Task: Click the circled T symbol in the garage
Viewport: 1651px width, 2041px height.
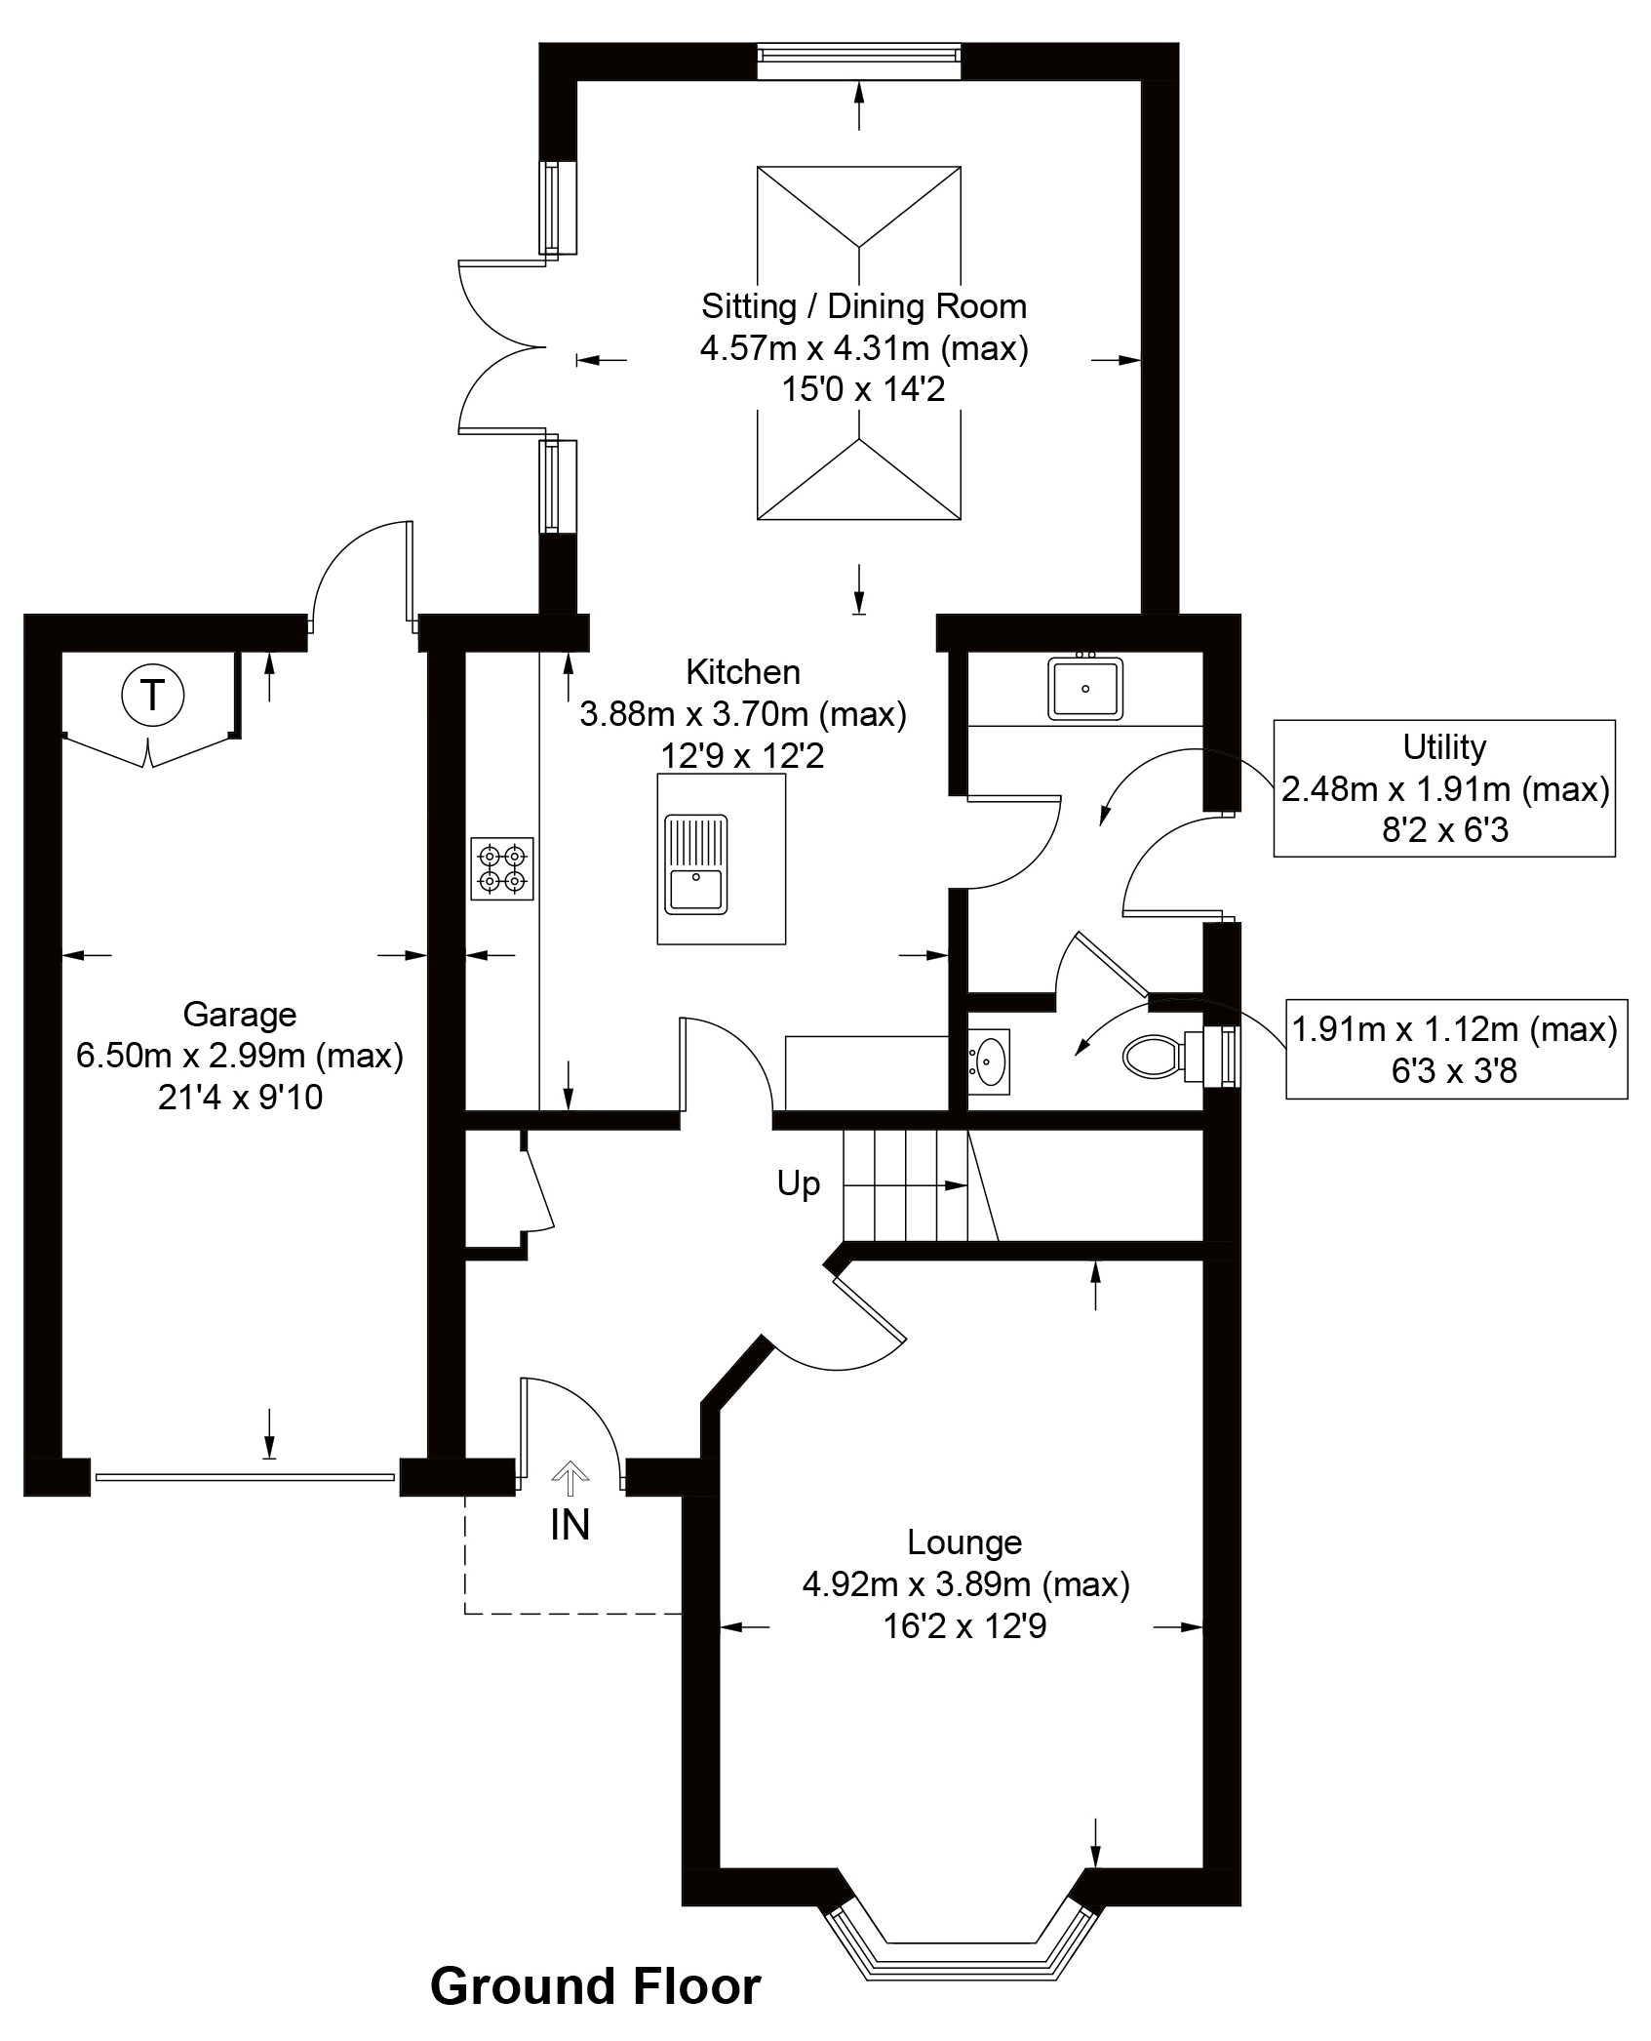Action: coord(152,696)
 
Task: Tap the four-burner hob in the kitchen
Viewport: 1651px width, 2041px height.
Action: coord(502,868)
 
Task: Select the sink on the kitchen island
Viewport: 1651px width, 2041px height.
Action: coord(696,864)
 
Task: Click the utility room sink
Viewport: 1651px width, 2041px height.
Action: coord(1085,689)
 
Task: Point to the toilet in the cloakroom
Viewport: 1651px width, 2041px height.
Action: coord(1157,1056)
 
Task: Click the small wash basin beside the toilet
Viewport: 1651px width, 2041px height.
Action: coord(990,1058)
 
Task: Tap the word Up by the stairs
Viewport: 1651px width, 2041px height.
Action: coord(798,1183)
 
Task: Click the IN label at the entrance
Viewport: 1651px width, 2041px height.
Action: coord(570,1526)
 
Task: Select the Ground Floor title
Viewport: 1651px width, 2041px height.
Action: coord(595,1986)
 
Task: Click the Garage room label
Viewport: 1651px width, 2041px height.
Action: coord(239,1015)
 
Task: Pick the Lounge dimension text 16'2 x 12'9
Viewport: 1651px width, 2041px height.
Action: coord(964,1626)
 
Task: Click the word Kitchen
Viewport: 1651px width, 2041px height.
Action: coord(743,671)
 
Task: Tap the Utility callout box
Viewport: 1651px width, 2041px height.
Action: coord(1443,788)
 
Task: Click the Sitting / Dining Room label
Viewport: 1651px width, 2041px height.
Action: coord(864,306)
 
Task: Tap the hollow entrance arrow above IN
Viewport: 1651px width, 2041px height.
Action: coord(570,1477)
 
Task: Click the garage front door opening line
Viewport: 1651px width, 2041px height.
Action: coord(245,1477)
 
